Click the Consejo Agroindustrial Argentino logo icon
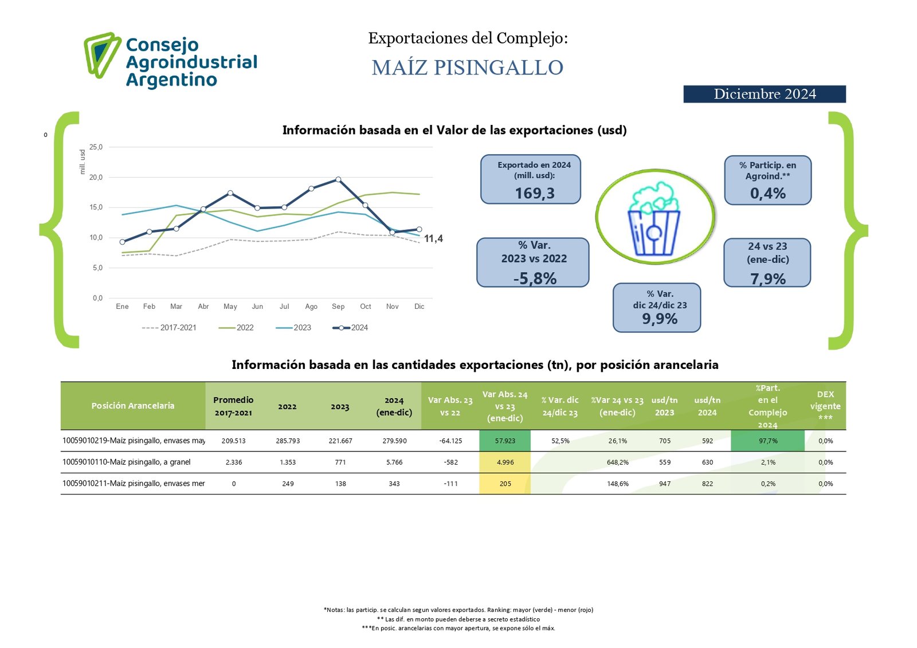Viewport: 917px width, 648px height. coord(102,55)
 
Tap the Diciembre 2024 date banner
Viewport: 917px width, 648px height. coord(764,94)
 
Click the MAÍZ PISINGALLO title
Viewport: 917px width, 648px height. coord(467,68)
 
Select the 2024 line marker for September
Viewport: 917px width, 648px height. coord(338,179)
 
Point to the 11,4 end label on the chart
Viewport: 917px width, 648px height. coord(433,238)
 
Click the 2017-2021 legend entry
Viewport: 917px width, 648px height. coord(170,328)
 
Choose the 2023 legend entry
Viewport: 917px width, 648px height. coord(294,328)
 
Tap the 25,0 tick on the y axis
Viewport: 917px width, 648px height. coord(96,147)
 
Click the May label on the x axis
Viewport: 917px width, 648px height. coord(230,307)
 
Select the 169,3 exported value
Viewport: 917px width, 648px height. coord(534,193)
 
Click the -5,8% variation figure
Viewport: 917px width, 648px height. coord(534,278)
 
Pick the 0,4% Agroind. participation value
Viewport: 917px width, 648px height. coord(767,194)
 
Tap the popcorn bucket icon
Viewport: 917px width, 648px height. coord(654,218)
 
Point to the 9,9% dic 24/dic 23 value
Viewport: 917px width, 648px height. coord(659,319)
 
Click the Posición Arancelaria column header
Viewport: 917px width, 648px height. coord(132,406)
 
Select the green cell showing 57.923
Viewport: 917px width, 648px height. coord(504,441)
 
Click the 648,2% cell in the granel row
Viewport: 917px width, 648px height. coord(617,462)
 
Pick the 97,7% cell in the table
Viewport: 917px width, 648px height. coord(767,441)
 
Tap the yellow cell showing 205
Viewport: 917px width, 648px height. coord(504,484)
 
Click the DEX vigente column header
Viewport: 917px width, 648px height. coord(825,406)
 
